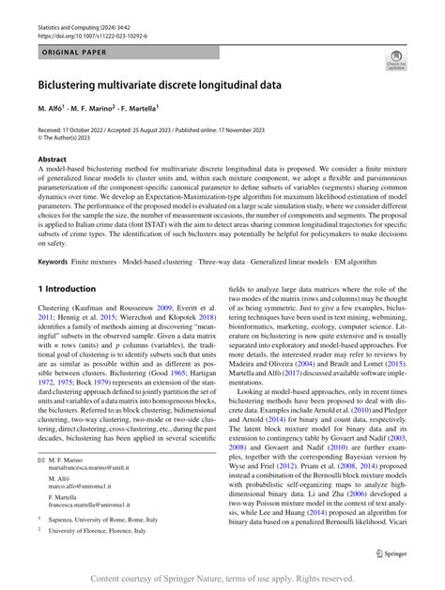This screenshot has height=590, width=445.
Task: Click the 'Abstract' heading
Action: click(x=52, y=160)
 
